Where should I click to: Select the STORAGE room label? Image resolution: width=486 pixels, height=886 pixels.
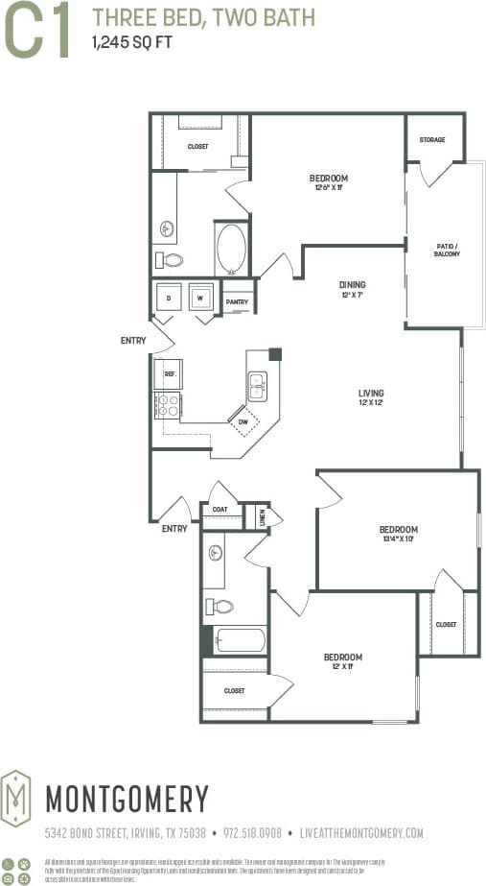coord(431,140)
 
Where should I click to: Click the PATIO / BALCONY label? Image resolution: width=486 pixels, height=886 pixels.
coord(447,250)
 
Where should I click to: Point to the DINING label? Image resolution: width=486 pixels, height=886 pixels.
coord(352,285)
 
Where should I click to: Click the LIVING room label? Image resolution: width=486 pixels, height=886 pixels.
coord(371,394)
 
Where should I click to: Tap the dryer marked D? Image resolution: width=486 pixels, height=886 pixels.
coord(170,298)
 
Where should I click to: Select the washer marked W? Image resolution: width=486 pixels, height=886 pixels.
coord(201,298)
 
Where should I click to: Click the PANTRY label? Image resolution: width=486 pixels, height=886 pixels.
coord(237,302)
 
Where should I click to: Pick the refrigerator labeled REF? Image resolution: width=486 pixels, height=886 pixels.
coord(169,373)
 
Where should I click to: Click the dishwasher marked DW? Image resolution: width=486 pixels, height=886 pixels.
coord(243,419)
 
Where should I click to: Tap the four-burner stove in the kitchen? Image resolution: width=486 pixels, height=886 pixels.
coord(169,406)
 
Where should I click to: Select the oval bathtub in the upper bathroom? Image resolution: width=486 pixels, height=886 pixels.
coord(231,249)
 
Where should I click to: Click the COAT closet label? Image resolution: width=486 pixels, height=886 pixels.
coord(220,510)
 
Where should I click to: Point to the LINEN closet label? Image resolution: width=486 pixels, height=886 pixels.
coord(262,517)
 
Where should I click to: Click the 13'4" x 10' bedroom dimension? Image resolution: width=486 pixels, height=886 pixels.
coord(397,539)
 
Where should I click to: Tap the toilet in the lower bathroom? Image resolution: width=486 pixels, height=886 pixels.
coord(220,607)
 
